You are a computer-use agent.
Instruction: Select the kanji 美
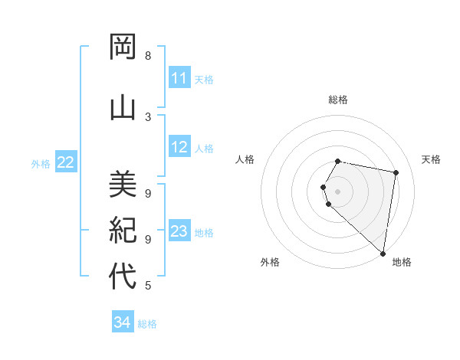[123, 185]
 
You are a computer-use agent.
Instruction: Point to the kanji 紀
[123, 231]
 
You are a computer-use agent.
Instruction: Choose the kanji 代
[123, 277]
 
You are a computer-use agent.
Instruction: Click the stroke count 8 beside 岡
[147, 56]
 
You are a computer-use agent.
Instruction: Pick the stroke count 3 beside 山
[147, 116]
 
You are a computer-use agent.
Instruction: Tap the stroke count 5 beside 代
[147, 286]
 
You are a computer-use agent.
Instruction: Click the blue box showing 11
[179, 78]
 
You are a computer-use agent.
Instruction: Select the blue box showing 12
[179, 147]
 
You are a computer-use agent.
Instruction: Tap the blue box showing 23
[179, 231]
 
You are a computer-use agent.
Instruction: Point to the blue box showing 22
[66, 162]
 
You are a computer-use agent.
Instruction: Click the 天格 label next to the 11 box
[204, 79]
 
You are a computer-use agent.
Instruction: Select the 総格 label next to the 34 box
[147, 324]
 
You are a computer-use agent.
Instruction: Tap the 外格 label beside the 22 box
[41, 163]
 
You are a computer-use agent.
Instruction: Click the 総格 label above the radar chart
[338, 100]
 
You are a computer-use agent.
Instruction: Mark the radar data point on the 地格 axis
[383, 253]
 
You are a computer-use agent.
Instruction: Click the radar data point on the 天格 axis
[396, 173]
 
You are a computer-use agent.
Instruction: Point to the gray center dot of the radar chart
[338, 191]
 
